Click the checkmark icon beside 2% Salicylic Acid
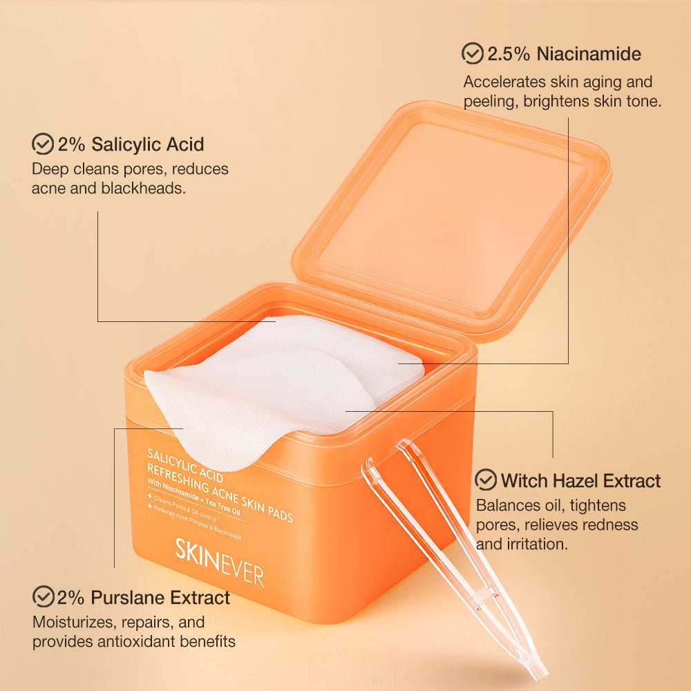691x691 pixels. click(43, 144)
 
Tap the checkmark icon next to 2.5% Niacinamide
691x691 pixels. click(473, 53)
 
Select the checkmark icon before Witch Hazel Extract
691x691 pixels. click(486, 480)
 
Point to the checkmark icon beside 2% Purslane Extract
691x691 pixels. click(44, 596)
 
